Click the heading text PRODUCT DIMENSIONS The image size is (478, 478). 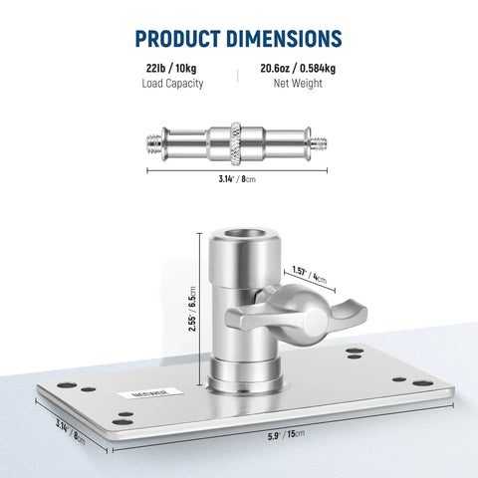pos(239,39)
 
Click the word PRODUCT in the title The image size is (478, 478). pos(183,39)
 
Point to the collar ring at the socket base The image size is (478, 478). pos(238,376)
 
